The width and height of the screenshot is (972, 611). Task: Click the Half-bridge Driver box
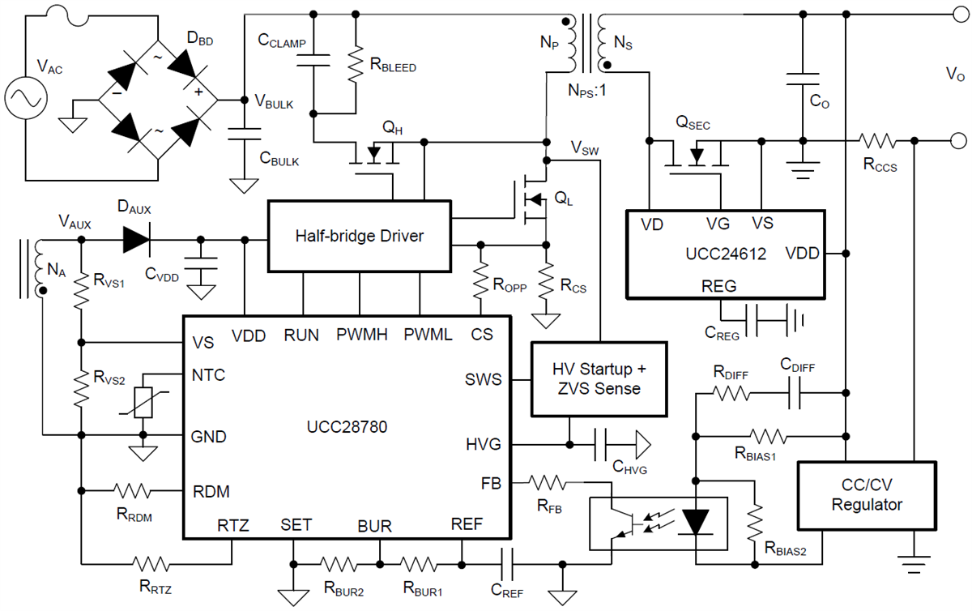tap(360, 237)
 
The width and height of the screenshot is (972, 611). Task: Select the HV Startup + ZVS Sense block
tap(598, 378)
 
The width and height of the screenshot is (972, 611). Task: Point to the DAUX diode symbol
tap(139, 239)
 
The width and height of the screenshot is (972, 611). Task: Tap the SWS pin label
tap(484, 378)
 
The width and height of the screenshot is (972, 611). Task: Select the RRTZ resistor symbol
tap(150, 563)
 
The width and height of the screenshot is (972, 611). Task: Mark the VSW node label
tap(586, 147)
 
